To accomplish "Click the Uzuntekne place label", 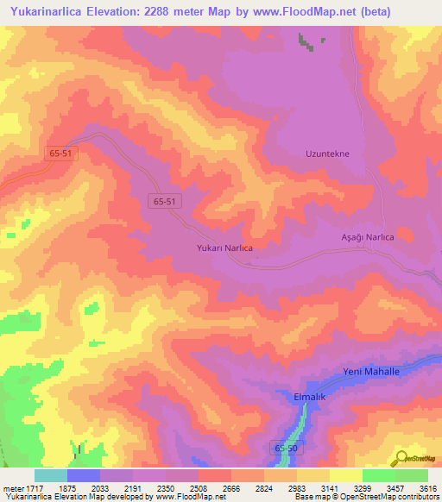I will [327, 154].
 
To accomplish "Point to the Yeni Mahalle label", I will [371, 371].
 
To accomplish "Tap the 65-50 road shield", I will [287, 449].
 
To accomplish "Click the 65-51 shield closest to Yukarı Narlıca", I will [165, 200].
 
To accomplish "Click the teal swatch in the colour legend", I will [51, 475].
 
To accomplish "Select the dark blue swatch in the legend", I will [84, 475].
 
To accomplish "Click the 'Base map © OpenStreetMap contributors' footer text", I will [367, 497].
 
